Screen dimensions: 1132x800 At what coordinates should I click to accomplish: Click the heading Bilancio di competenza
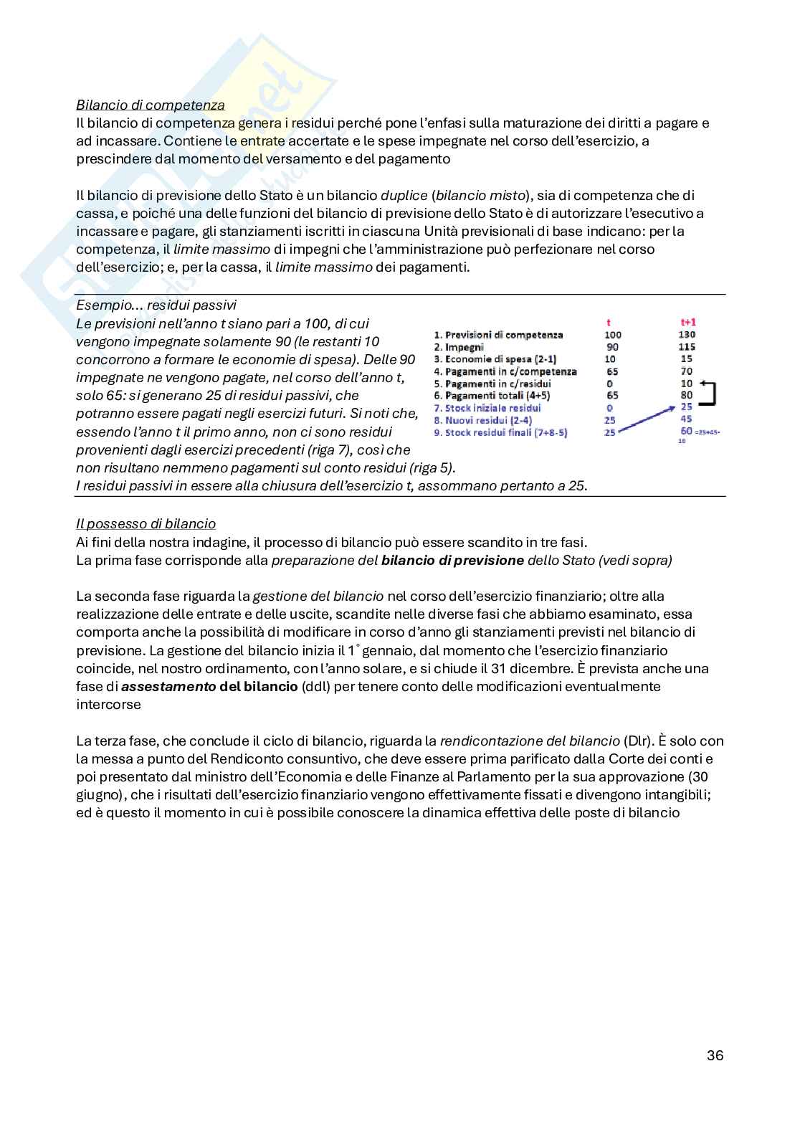[150, 105]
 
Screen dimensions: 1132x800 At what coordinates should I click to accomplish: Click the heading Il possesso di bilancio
[146, 524]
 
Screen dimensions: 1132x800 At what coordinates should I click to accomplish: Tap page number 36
[714, 1055]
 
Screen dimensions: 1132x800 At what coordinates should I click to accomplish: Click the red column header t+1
[687, 323]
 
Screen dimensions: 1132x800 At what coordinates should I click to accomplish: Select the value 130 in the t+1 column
[687, 335]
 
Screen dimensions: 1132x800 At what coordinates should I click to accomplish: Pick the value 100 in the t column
[613, 335]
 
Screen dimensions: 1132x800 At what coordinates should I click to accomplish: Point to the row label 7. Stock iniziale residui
[487, 408]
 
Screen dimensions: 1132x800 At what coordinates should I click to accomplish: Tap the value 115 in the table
[687, 347]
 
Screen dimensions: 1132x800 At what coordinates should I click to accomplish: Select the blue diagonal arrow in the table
[645, 419]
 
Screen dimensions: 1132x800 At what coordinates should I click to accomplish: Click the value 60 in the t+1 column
[686, 432]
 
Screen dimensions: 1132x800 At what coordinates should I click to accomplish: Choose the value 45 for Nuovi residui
[687, 419]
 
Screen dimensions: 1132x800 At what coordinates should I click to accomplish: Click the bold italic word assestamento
[168, 687]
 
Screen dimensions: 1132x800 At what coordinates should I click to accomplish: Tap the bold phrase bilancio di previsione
[452, 561]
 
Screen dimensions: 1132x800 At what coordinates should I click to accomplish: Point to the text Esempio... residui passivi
[156, 305]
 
